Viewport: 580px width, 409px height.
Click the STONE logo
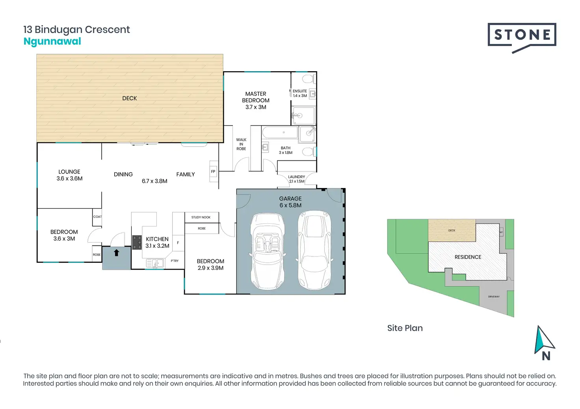pos(522,35)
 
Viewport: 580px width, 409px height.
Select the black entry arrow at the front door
pos(116,253)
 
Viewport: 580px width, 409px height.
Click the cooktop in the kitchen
pos(137,243)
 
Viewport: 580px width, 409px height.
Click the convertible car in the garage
pos(267,251)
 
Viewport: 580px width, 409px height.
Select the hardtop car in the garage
pos(314,250)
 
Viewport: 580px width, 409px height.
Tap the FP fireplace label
pos(213,171)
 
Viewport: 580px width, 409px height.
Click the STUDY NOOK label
pos(201,217)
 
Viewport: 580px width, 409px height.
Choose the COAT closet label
pos(97,217)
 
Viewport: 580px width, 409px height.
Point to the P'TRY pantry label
pos(175,261)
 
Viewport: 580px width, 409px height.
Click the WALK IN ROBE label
pos(241,144)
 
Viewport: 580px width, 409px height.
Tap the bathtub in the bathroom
pos(280,133)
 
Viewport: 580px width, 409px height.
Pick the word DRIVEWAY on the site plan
pos(494,297)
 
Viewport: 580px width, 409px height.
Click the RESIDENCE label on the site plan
pos(468,257)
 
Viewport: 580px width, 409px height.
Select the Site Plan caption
pos(405,328)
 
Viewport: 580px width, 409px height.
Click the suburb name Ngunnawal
pos(52,41)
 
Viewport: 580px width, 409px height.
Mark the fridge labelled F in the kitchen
pos(178,243)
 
